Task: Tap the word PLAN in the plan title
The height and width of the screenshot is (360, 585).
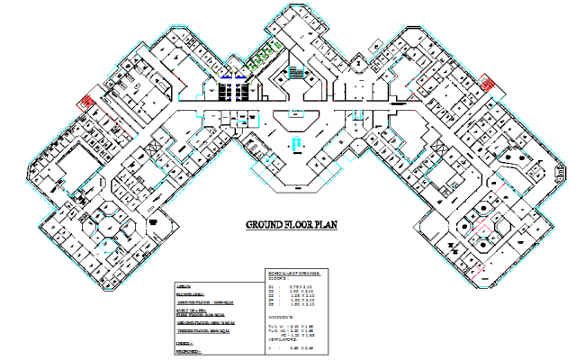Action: click(x=322, y=225)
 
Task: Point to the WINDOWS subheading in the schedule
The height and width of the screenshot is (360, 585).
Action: click(x=283, y=318)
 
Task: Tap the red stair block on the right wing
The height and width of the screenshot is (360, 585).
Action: click(x=488, y=82)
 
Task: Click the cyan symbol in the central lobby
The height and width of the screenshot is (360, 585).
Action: click(x=293, y=146)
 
